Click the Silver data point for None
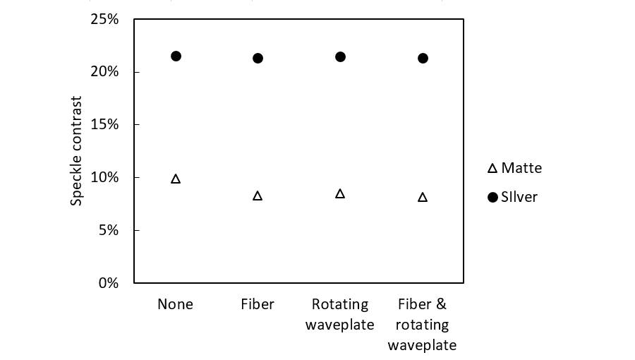click(x=176, y=56)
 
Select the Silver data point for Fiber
click(x=258, y=58)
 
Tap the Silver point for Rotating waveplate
click(x=340, y=56)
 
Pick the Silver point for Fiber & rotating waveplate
click(x=423, y=58)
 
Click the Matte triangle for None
click(x=176, y=179)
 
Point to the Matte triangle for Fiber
click(x=258, y=196)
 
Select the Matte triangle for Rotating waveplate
click(x=340, y=193)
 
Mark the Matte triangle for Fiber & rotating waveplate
click(x=423, y=197)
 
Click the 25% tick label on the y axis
click(x=104, y=19)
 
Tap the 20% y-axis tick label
click(x=104, y=72)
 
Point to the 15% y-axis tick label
click(x=104, y=125)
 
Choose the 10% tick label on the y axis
click(x=104, y=177)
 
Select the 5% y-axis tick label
click(x=108, y=230)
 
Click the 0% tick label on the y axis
click(x=108, y=283)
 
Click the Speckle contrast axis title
click(x=77, y=151)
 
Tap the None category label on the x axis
click(x=175, y=304)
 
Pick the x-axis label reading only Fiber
click(x=258, y=304)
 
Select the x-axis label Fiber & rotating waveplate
click(x=422, y=325)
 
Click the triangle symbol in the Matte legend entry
click(x=492, y=169)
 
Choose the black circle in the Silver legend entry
click(x=492, y=197)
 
